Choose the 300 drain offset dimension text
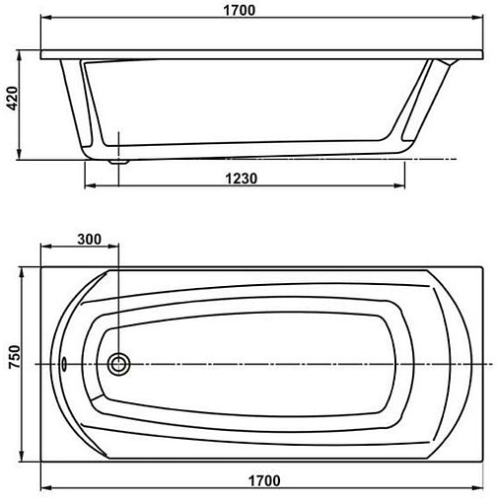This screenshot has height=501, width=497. point(90,240)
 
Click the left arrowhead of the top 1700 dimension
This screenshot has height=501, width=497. point(45,24)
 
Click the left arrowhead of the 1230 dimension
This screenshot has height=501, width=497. point(89,187)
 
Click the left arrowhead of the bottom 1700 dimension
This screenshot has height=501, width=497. point(45,489)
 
